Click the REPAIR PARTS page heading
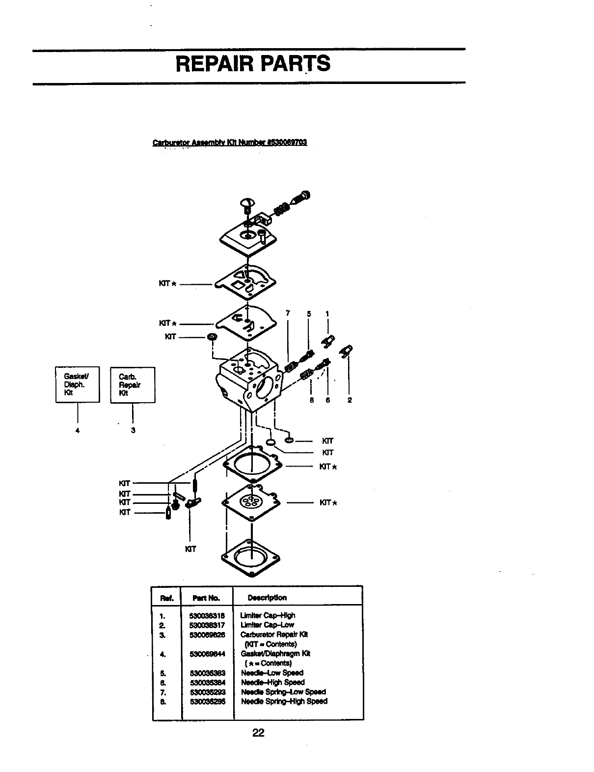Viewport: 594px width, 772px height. (x=253, y=64)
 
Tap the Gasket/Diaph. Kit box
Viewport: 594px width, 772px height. (x=78, y=385)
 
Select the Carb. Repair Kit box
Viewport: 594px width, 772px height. (x=133, y=385)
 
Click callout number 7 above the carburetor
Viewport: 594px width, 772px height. (x=288, y=314)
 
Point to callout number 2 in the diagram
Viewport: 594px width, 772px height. (x=349, y=400)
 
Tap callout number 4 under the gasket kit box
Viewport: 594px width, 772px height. (x=77, y=430)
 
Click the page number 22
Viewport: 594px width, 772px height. (x=258, y=733)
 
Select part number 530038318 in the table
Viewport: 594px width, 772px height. (x=207, y=615)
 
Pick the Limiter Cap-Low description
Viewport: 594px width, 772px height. (x=267, y=625)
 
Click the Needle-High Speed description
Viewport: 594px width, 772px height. (x=272, y=682)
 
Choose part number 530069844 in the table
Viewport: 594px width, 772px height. (x=207, y=654)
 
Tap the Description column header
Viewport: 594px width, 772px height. (x=267, y=598)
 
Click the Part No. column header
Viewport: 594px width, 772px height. (x=206, y=598)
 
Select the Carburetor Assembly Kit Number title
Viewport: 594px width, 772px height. (x=230, y=143)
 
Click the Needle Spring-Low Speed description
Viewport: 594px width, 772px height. (x=283, y=691)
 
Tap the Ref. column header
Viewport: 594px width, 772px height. (x=165, y=598)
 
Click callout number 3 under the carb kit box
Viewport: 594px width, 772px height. (x=133, y=430)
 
